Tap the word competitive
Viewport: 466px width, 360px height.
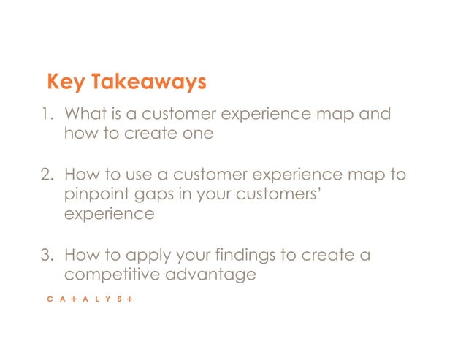point(111,275)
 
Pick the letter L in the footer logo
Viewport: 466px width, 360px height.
point(90,300)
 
